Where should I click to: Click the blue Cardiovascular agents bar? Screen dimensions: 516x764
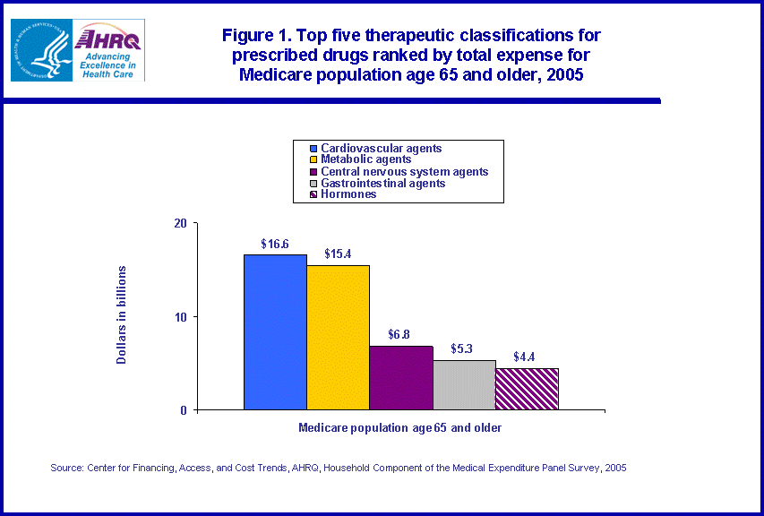[x=275, y=332]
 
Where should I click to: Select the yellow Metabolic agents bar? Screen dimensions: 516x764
[x=338, y=338]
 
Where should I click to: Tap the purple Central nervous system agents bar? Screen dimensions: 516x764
[x=400, y=378]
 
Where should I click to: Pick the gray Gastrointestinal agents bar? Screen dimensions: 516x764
[x=464, y=385]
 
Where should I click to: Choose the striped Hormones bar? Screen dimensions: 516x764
[x=527, y=389]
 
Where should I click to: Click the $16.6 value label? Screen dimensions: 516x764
[x=275, y=244]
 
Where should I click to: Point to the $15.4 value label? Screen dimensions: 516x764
[x=339, y=254]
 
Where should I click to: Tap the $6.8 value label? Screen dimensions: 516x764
[x=401, y=335]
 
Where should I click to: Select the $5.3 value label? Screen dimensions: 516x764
[x=464, y=349]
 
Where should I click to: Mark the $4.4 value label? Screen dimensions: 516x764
[x=527, y=357]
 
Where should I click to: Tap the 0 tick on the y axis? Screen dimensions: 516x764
[x=183, y=410]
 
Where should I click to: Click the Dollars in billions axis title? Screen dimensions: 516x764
[x=122, y=314]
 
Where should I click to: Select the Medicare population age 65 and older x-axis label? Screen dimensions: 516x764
[x=399, y=428]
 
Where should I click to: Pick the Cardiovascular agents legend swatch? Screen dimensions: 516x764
[x=313, y=149]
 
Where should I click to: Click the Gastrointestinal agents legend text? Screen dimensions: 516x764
[x=382, y=183]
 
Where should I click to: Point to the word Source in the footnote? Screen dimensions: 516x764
[x=66, y=468]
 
